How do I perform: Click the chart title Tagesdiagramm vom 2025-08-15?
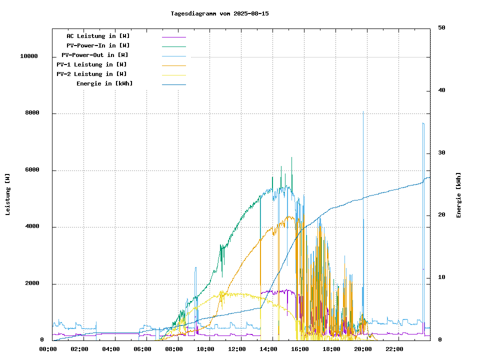coord(219,13)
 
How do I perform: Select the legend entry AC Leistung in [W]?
coord(98,36)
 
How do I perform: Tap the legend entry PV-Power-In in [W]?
coord(98,45)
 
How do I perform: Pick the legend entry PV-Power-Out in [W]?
coord(95,55)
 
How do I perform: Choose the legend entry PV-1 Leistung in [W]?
coord(91,64)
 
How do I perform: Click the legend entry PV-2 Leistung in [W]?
coord(91,74)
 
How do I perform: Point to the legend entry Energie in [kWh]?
coord(104,83)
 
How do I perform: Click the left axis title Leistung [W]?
coord(8,194)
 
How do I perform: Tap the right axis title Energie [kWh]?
coord(458,195)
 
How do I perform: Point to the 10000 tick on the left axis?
coord(29,56)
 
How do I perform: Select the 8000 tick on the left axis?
coord(32,113)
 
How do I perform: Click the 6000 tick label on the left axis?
coord(32,170)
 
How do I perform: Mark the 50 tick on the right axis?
coord(441,28)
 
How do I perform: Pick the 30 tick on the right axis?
coord(441,153)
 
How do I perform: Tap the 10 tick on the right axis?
coord(441,277)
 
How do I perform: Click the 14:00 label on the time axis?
coord(268,349)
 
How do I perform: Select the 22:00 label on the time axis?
coord(394,349)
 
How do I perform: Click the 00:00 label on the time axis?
coord(48,349)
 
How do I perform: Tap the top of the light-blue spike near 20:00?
coord(363,111)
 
